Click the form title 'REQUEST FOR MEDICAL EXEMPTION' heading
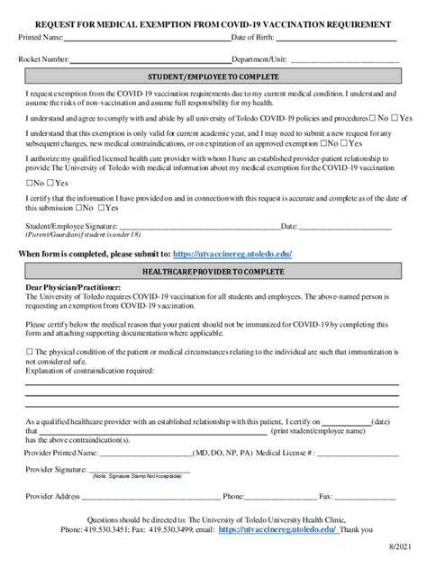click(x=213, y=24)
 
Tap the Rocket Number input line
click(x=150, y=59)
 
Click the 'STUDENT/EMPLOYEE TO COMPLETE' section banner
click(x=213, y=77)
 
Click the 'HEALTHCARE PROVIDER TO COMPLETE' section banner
click(x=213, y=270)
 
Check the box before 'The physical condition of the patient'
click(x=30, y=352)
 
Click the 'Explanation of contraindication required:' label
click(x=89, y=370)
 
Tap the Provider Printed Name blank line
click(x=144, y=454)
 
